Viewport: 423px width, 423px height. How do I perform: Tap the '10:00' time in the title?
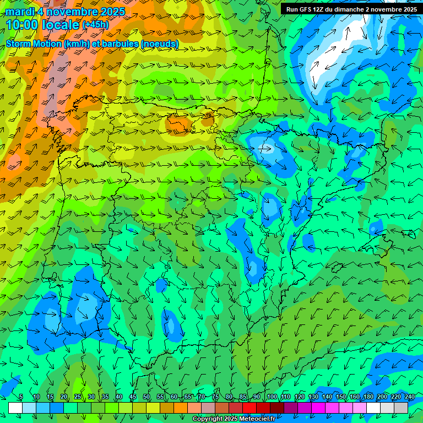point(23,25)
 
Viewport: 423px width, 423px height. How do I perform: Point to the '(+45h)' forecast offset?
point(95,25)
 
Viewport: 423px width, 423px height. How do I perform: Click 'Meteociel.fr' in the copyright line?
point(257,419)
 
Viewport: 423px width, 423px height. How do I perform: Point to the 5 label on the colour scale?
point(21,397)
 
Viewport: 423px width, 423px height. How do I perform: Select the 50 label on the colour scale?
point(147,397)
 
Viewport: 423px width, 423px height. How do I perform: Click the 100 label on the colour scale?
point(272,397)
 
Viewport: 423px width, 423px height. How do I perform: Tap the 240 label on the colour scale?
point(410,397)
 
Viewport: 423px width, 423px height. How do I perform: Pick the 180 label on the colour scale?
point(368,397)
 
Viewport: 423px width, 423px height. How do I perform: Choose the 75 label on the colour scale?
point(215,397)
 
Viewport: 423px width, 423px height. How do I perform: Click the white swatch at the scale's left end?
point(15,407)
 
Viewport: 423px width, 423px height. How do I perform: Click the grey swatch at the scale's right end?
point(401,407)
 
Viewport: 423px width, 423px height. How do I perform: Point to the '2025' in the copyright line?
point(229,419)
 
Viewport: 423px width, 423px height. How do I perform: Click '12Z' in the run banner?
point(319,9)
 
